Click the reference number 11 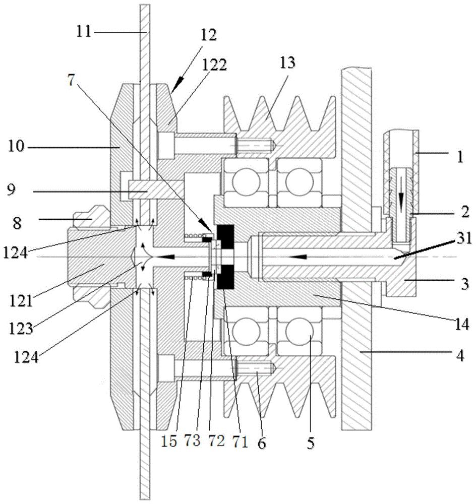pos(84,32)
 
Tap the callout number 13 pos(287,62)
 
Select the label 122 pos(214,65)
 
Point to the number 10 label pos(16,146)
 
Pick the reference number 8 pos(17,223)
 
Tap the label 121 pos(21,301)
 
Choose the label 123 pos(21,329)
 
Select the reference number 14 pos(462,325)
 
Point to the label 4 pos(460,356)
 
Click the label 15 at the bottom pos(169,441)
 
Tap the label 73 pos(192,441)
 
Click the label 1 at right pos(460,157)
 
